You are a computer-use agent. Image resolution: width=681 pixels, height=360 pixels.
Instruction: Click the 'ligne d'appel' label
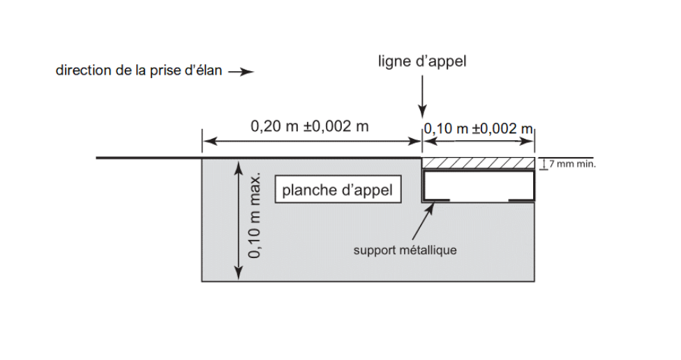tap(421, 61)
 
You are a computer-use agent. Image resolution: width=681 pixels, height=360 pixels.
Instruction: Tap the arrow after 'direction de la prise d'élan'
tap(241, 72)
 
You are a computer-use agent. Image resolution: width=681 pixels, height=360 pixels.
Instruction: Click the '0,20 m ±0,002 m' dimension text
tap(309, 126)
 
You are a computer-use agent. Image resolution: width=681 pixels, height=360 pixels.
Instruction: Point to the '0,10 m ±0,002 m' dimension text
tap(478, 128)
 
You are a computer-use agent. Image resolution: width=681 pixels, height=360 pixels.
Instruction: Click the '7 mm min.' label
tap(572, 165)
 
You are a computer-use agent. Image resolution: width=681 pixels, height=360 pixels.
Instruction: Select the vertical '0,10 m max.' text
tap(256, 217)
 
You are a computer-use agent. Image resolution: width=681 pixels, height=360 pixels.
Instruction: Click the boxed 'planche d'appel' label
tap(337, 190)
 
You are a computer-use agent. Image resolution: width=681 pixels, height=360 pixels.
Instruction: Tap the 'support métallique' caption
tap(405, 250)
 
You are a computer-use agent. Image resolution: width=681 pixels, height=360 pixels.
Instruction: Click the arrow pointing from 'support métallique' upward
tap(429, 222)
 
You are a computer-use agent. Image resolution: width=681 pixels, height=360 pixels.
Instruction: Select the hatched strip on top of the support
tap(478, 163)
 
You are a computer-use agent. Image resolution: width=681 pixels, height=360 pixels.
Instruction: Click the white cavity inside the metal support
tap(478, 185)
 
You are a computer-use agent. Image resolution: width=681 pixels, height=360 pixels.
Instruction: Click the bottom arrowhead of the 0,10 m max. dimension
tap(239, 275)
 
